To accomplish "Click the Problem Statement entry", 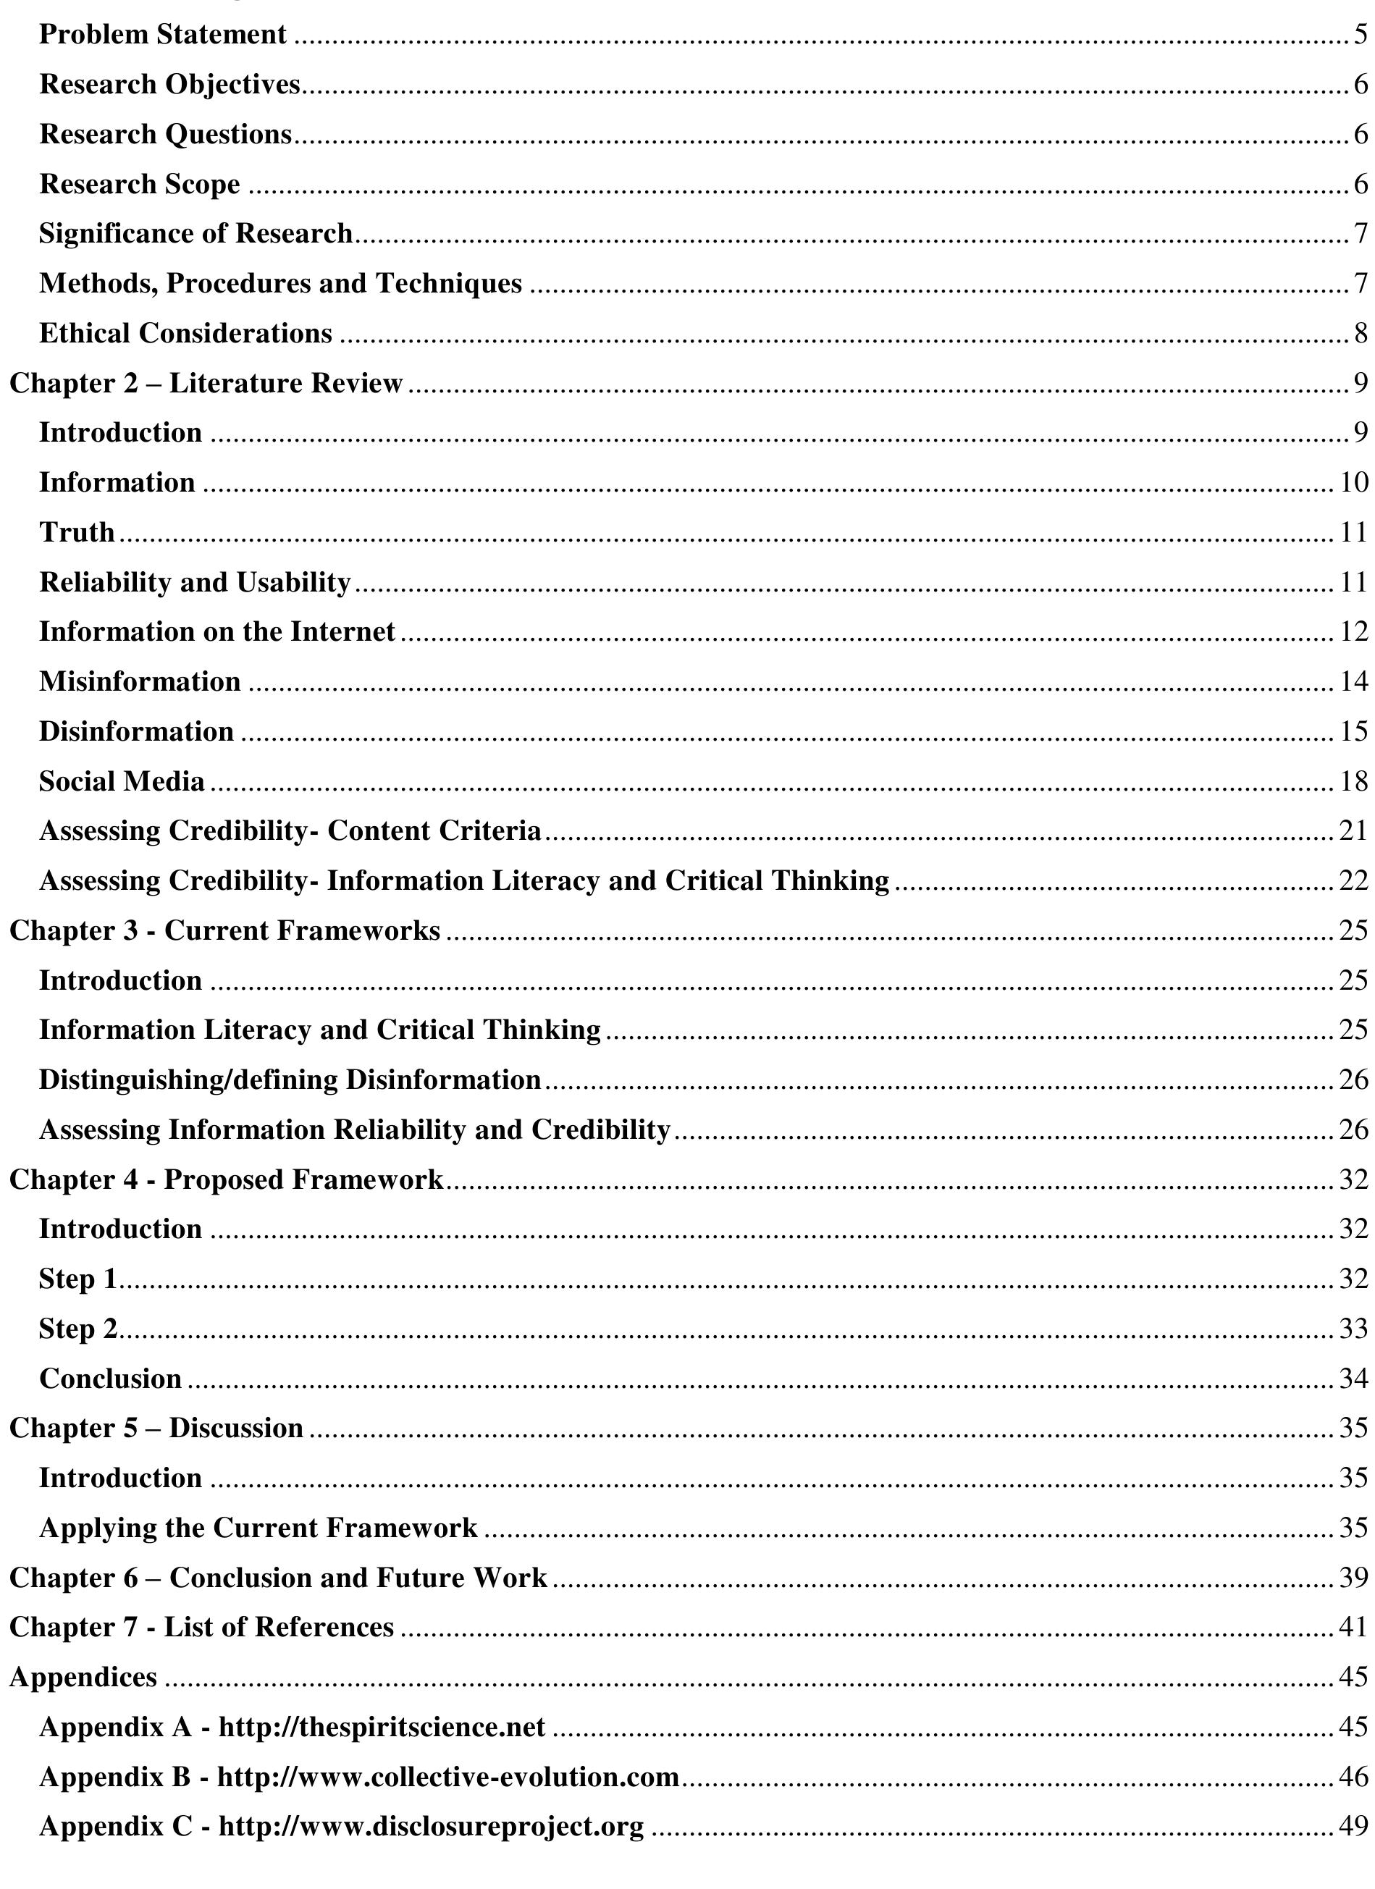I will (162, 35).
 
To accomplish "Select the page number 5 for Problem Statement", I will (1361, 35).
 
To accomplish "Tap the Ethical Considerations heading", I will (185, 334).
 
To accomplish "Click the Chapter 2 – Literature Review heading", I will (206, 383).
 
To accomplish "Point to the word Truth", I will (77, 532).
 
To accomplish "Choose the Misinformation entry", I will (139, 682).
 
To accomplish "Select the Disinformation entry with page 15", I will (135, 731).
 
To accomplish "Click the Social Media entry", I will (122, 781).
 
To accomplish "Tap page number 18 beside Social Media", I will (1354, 781).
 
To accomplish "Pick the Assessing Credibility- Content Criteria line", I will (290, 831).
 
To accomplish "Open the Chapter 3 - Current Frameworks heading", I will (224, 930).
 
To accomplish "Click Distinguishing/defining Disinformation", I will (290, 1080).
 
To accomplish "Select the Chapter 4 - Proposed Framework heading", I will (226, 1179).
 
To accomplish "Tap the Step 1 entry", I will (77, 1279).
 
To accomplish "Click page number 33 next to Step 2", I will (1354, 1329).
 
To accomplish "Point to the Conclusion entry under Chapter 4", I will (110, 1379).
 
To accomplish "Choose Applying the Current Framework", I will (258, 1528).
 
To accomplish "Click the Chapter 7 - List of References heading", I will (201, 1627).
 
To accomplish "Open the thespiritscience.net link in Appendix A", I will (382, 1727).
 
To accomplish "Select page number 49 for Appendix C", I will (1354, 1826).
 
